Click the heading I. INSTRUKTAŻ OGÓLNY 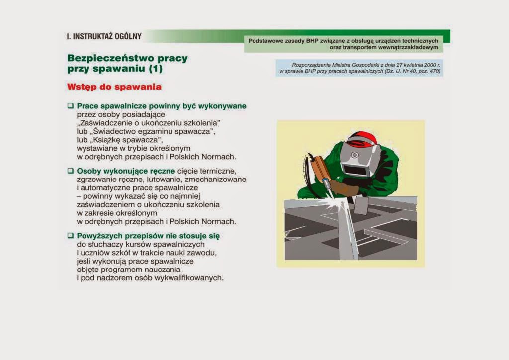coord(104,36)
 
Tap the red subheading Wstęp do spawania coord(114,87)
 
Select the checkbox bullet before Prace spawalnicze coord(70,106)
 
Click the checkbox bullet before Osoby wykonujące coord(70,171)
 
